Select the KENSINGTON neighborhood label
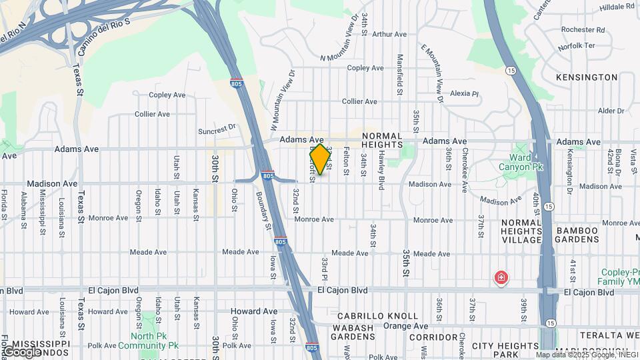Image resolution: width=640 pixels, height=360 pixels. [587, 77]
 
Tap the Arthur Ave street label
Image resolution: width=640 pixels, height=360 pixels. [389, 34]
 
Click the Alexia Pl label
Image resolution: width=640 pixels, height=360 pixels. [465, 94]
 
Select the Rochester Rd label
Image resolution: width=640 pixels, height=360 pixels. [583, 30]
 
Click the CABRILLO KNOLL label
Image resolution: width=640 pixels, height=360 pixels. [377, 316]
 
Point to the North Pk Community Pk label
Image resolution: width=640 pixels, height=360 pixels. [148, 341]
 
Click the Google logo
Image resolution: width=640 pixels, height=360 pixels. [21, 351]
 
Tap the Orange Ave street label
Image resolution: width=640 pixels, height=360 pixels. [409, 326]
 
